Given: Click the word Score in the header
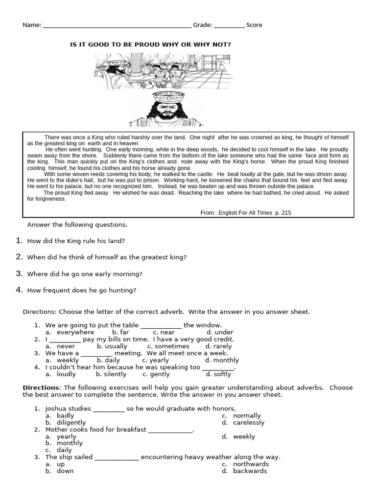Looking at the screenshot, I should (x=254, y=25).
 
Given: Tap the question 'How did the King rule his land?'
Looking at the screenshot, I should (x=76, y=241).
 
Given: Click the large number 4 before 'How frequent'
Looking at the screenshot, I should (x=19, y=290).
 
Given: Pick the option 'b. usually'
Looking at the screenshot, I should (x=112, y=346).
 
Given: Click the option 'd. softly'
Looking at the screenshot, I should (x=218, y=374).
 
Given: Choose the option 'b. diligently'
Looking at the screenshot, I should (x=66, y=422).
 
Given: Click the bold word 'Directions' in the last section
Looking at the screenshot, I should (x=41, y=387).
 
